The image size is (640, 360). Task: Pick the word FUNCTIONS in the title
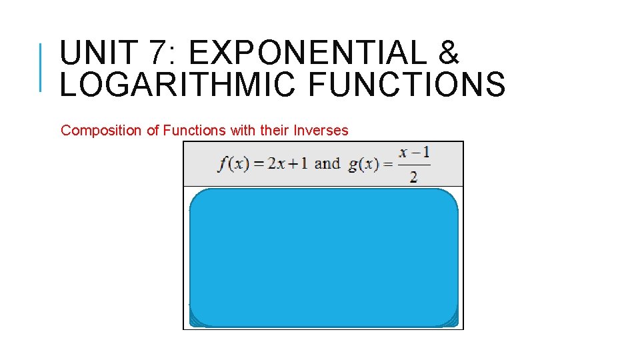(402, 85)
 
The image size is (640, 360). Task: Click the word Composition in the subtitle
(101, 131)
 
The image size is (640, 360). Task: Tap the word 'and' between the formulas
(327, 163)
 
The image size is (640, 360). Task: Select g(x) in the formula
(364, 164)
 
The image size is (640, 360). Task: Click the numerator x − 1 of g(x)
(414, 153)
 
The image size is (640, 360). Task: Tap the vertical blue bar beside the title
(41, 66)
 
